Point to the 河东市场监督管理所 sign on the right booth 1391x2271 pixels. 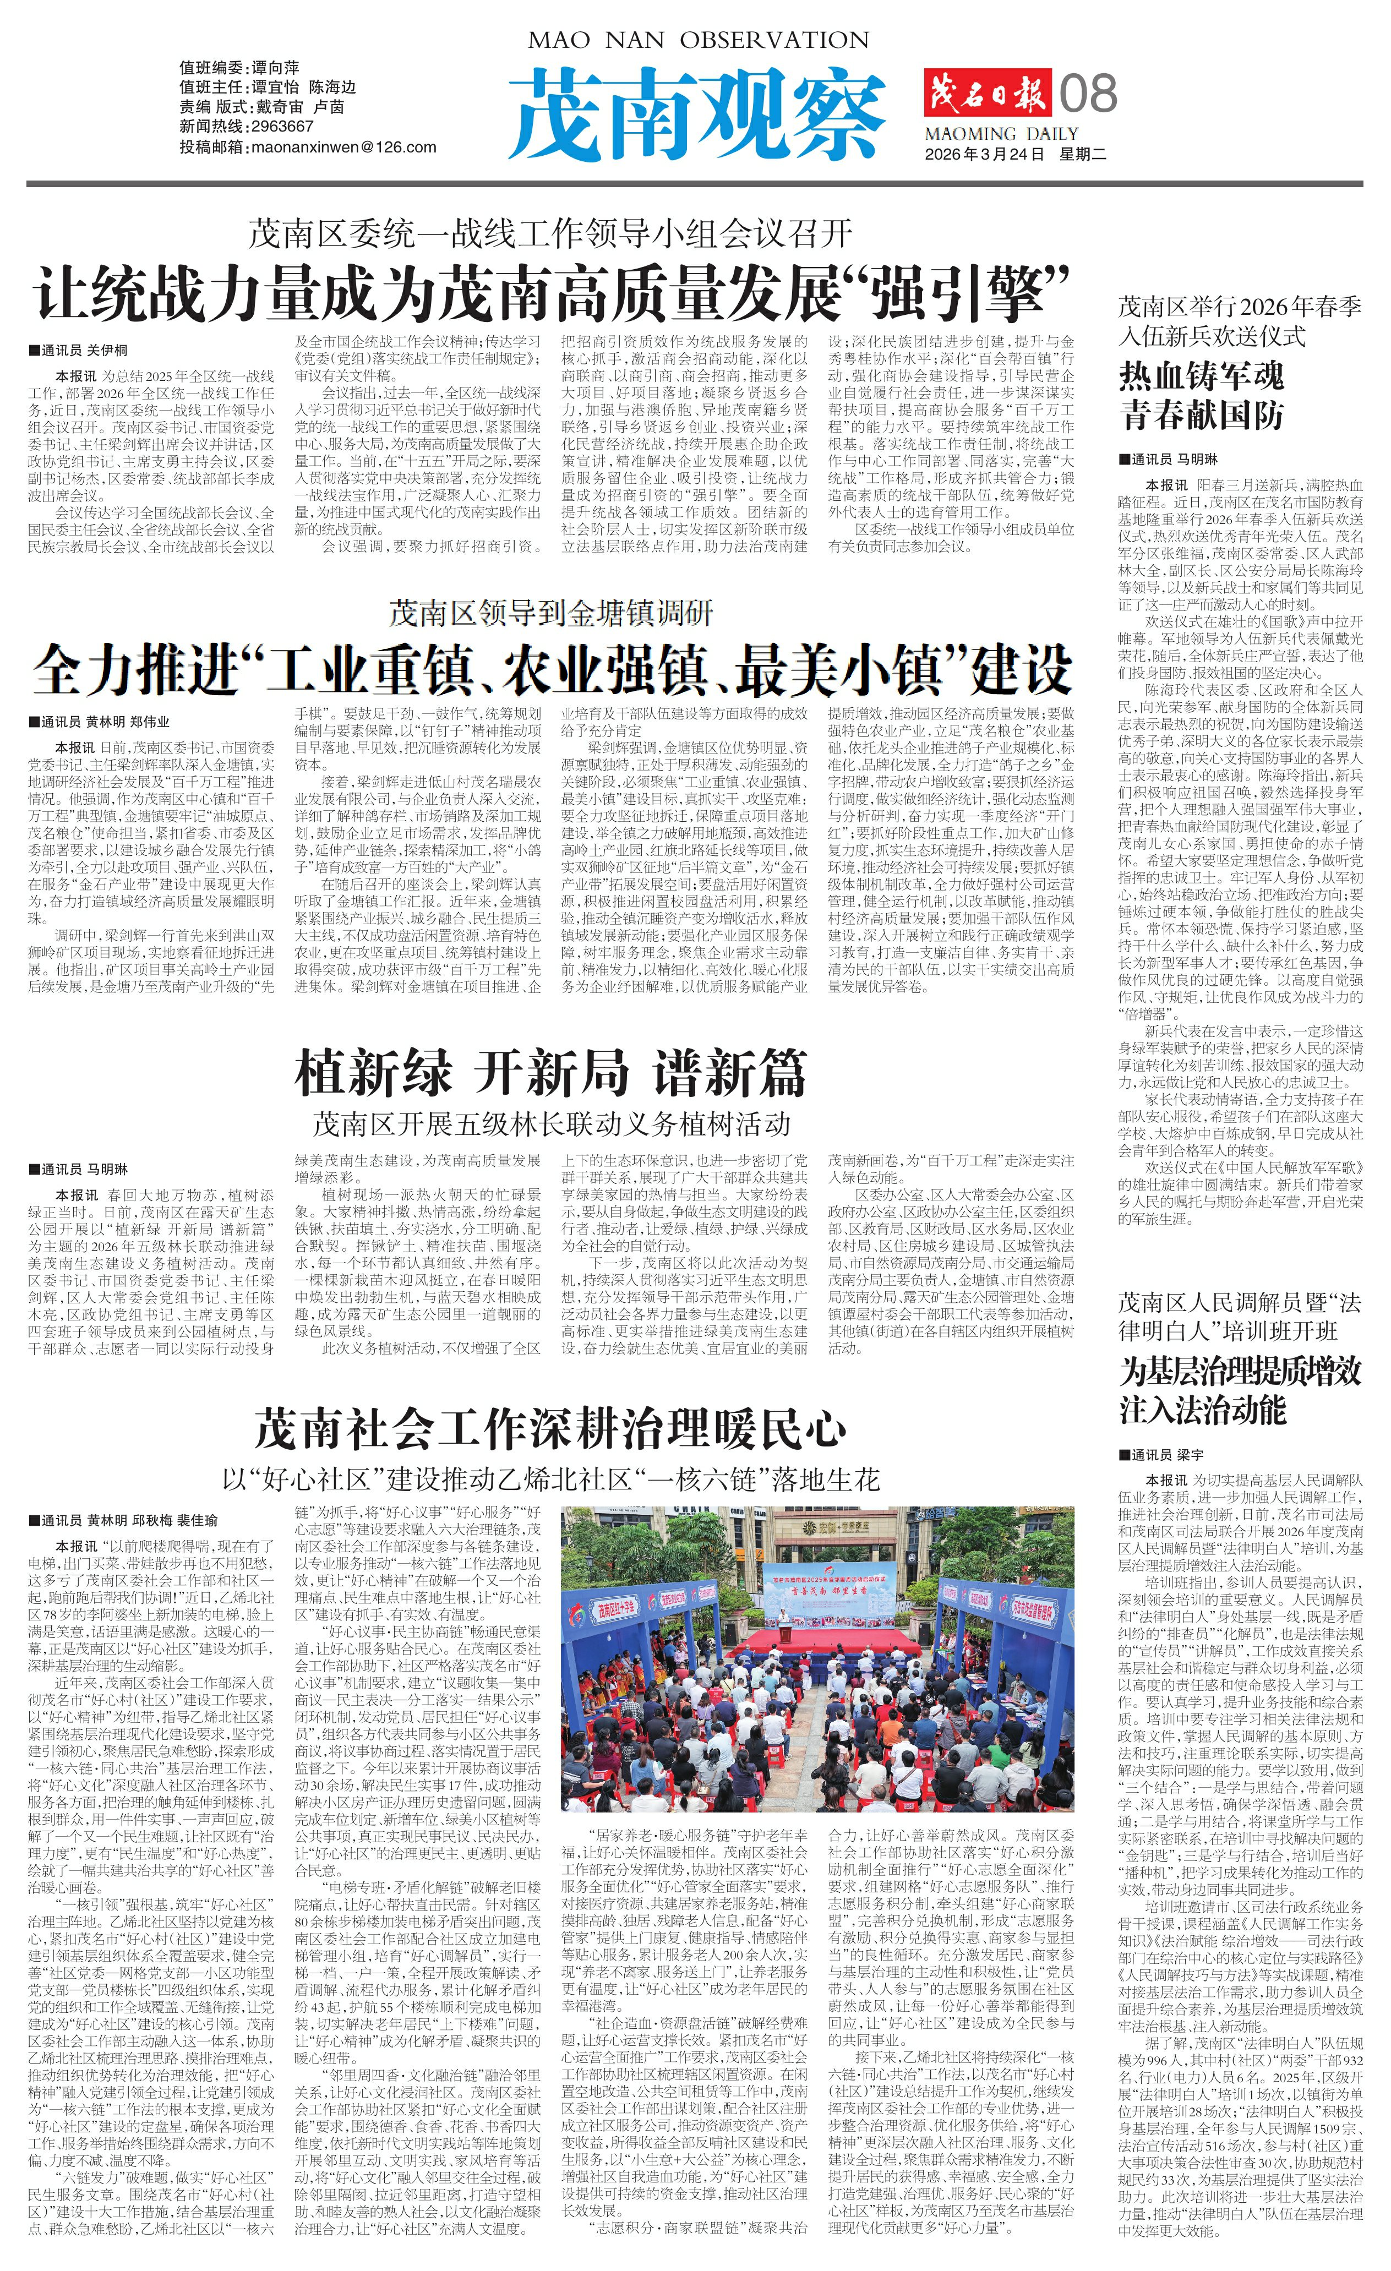(1034, 1611)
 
